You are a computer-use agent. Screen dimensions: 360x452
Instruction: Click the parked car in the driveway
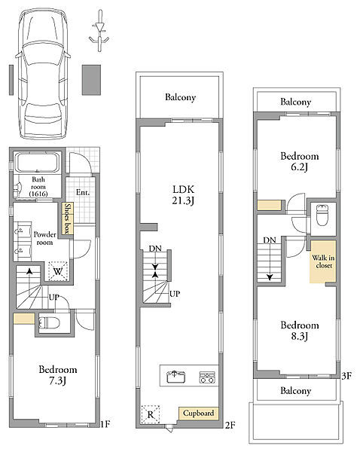43,74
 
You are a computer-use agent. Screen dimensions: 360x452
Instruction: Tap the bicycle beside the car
99,31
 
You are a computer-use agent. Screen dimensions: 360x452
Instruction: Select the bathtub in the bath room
37,163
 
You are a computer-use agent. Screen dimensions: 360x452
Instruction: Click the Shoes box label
68,218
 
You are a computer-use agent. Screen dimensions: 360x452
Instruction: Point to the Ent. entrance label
83,192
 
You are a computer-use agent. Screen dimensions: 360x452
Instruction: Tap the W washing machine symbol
58,271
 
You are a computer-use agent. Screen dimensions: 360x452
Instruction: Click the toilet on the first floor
49,322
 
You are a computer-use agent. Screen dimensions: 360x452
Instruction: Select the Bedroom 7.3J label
58,375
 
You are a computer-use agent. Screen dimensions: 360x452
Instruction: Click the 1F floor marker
105,424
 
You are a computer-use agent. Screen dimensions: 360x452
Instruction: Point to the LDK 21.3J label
183,195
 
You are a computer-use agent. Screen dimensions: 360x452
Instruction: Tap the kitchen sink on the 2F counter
176,377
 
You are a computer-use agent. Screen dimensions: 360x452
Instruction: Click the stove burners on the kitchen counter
207,377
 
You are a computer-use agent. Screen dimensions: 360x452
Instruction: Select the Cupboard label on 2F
199,413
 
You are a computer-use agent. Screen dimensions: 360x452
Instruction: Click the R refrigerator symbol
151,414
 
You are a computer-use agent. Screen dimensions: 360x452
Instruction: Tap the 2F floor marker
230,425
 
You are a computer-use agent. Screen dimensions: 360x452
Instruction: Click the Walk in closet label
323,261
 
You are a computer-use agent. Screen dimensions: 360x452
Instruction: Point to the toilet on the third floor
322,215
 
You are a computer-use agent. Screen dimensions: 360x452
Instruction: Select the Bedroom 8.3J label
300,331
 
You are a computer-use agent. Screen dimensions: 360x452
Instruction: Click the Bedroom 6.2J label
300,161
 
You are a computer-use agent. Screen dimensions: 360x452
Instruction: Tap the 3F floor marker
346,376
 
